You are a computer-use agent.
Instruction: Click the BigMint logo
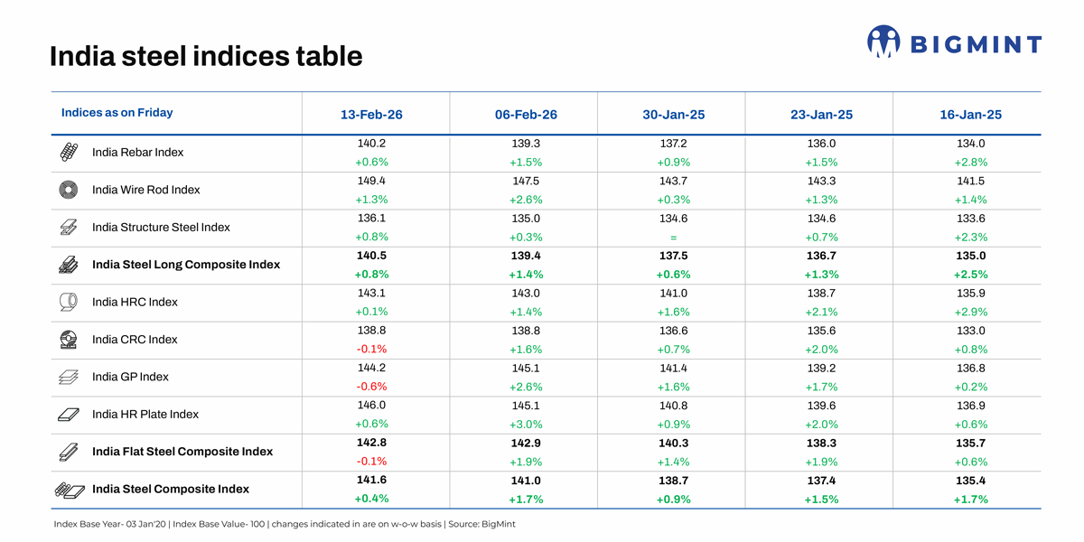(954, 42)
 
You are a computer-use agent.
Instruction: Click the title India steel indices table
(206, 57)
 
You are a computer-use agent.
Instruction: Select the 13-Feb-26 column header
(371, 115)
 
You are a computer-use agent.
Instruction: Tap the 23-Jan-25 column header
(821, 115)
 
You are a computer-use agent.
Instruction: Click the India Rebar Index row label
(137, 153)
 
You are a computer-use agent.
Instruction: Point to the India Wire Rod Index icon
(68, 190)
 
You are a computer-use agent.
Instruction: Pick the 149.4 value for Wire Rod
(371, 181)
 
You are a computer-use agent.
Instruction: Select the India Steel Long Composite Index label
(186, 265)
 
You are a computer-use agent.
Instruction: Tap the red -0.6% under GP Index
(371, 387)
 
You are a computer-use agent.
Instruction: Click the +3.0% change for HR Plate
(526, 424)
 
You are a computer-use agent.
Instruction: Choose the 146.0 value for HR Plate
(371, 406)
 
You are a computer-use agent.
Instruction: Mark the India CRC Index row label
(135, 340)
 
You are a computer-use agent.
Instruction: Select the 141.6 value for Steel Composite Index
(371, 481)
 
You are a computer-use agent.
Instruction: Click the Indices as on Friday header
(117, 113)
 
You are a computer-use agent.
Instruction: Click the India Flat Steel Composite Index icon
(68, 452)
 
